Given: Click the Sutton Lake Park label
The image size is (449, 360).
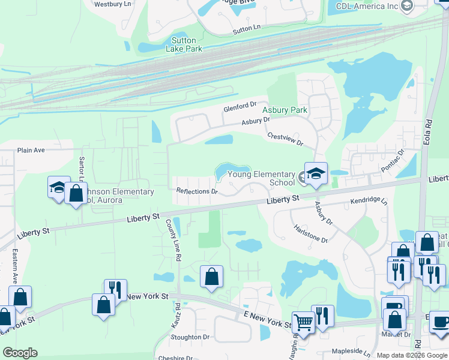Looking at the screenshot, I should [183, 44].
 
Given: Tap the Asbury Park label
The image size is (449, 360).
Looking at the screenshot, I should [285, 110].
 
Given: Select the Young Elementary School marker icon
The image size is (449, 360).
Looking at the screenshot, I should [316, 174].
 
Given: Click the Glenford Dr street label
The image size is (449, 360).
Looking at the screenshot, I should [240, 107].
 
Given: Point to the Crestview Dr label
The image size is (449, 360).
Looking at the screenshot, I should [285, 139].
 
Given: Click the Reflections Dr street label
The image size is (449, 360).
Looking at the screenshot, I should [196, 191].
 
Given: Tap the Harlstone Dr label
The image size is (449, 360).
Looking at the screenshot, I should [310, 234].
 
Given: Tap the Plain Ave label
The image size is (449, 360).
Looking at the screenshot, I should [32, 151].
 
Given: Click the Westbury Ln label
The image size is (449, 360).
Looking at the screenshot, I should [113, 4].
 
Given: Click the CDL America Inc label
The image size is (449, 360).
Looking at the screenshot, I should [367, 6].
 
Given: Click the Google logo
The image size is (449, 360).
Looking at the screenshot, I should [21, 352].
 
